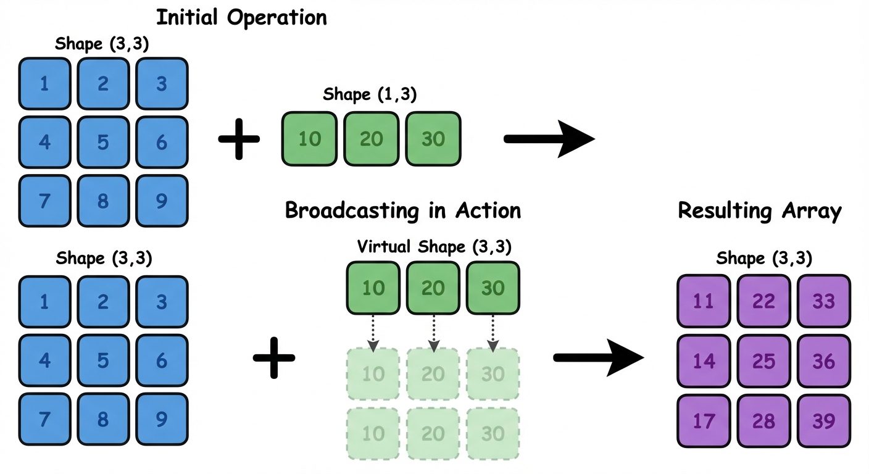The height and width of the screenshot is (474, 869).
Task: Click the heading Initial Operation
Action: coord(241,17)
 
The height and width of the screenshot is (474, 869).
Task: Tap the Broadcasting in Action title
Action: coord(402,210)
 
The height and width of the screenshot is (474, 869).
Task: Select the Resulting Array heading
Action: coord(759,210)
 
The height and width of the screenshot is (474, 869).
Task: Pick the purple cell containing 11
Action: coord(704,301)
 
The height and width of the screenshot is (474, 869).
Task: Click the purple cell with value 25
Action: coord(763,361)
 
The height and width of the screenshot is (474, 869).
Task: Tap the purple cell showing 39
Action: coord(823,421)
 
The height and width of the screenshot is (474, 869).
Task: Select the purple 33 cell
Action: coord(823,301)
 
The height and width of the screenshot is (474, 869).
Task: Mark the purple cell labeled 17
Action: coord(704,421)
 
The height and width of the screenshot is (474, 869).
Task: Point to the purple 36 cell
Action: coord(823,361)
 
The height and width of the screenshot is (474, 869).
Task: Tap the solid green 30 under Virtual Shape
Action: coord(493,288)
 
